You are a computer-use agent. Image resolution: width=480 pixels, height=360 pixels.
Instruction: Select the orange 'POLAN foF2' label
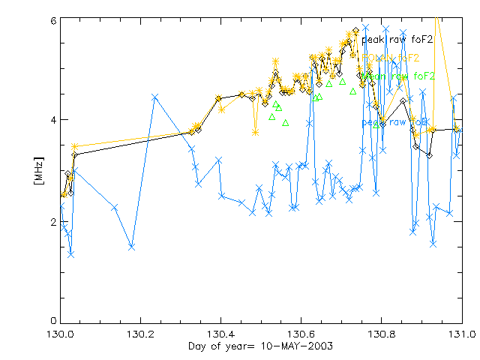390,57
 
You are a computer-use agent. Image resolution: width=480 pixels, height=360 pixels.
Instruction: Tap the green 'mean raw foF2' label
397,76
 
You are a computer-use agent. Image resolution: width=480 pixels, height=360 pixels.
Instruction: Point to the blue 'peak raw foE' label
394,121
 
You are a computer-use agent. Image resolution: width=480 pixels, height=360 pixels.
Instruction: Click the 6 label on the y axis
53,20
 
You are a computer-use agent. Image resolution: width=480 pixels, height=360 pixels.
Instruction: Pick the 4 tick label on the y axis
53,120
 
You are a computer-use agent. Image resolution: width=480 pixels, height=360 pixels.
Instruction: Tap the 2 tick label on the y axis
53,222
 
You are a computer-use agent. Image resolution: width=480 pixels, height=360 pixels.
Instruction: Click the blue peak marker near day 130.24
154,97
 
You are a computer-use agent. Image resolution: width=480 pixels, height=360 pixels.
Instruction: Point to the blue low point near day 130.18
131,246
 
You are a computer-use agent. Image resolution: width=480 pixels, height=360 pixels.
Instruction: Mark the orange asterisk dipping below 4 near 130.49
256,132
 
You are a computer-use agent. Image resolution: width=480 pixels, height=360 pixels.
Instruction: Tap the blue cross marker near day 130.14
115,207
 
